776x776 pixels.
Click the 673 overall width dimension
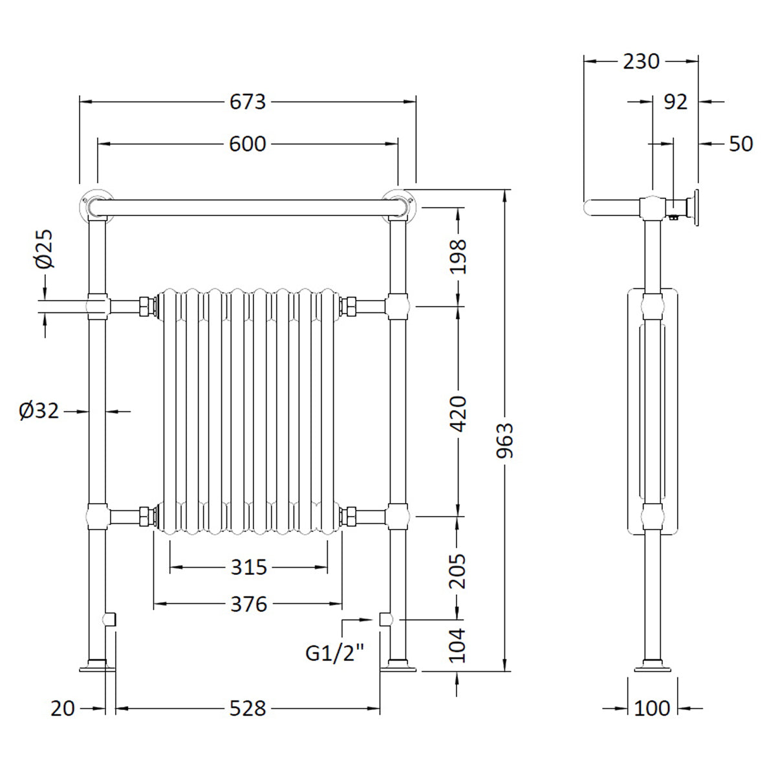(x=248, y=102)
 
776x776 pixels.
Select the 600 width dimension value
(x=248, y=144)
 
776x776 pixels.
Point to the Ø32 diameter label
(x=39, y=411)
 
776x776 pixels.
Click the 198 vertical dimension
(x=458, y=256)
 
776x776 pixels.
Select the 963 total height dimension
(x=506, y=440)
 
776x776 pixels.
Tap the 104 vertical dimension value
(x=458, y=645)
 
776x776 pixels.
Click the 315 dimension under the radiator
(x=248, y=567)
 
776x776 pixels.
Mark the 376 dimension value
(x=248, y=605)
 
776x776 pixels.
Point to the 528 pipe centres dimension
(x=248, y=709)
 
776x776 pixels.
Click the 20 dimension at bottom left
(x=63, y=709)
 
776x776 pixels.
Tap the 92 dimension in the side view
(x=676, y=102)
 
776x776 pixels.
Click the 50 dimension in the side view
(x=741, y=144)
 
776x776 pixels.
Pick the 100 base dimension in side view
(x=652, y=709)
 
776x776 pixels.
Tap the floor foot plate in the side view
(x=652, y=665)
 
